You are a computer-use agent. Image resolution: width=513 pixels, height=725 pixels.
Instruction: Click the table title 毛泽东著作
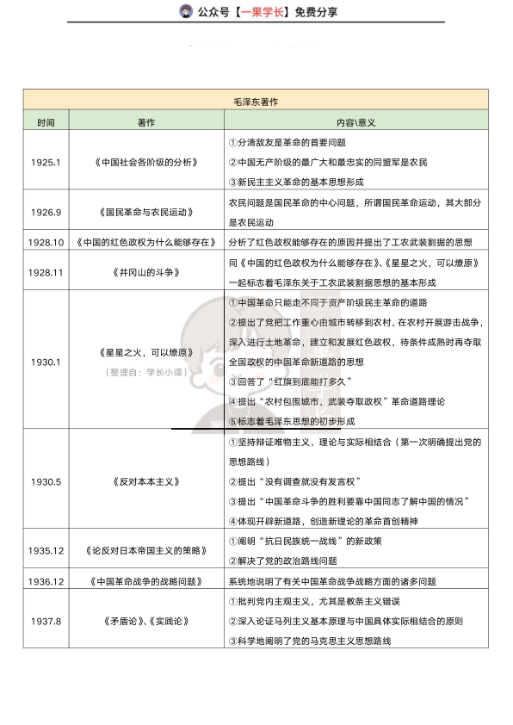(x=256, y=101)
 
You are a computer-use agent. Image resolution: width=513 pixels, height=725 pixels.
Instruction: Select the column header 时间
(x=45, y=122)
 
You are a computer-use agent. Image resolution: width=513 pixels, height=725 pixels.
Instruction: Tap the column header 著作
(x=146, y=122)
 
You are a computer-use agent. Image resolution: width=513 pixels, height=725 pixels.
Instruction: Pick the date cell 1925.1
(x=45, y=162)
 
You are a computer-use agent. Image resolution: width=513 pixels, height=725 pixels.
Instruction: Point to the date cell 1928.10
(x=46, y=242)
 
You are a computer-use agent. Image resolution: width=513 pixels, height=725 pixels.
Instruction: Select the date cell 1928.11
(x=46, y=272)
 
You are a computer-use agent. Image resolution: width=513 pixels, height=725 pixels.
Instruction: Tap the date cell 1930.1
(x=45, y=361)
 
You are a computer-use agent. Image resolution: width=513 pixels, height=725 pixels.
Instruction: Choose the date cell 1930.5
(x=45, y=481)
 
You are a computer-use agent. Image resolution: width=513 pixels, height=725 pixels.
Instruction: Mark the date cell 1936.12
(x=46, y=581)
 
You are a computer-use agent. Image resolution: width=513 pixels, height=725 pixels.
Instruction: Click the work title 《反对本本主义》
(x=146, y=481)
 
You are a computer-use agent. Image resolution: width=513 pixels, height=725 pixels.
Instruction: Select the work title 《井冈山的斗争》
(x=146, y=272)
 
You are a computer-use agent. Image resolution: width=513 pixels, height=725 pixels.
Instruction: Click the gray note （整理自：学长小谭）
(x=146, y=373)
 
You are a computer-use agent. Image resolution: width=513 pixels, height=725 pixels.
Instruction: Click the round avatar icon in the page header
(x=185, y=11)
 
